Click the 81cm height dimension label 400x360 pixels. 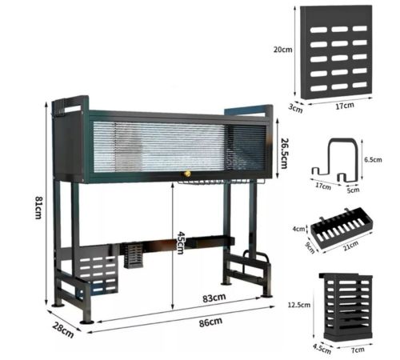(x=38, y=208)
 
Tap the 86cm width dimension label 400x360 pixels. (x=210, y=322)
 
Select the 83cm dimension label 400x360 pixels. (x=214, y=298)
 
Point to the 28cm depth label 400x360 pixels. (x=63, y=330)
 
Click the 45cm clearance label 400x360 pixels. (x=180, y=242)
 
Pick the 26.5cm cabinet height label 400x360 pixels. (x=285, y=154)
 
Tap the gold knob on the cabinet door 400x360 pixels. (x=187, y=174)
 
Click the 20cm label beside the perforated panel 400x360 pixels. (x=282, y=50)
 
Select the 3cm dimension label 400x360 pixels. (x=296, y=108)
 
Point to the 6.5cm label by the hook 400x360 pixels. (x=373, y=160)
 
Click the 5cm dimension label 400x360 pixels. (x=353, y=190)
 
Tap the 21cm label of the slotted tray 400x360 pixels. (x=351, y=245)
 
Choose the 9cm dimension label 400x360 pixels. (x=310, y=248)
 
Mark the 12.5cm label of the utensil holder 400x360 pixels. (x=299, y=305)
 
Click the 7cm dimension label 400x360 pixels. (x=358, y=350)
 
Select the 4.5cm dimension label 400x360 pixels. (x=322, y=349)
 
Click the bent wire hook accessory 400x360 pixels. (x=334, y=159)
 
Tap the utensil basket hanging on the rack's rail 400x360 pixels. (x=134, y=256)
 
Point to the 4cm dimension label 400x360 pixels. (x=298, y=229)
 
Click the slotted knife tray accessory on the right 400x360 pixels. (x=342, y=230)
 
